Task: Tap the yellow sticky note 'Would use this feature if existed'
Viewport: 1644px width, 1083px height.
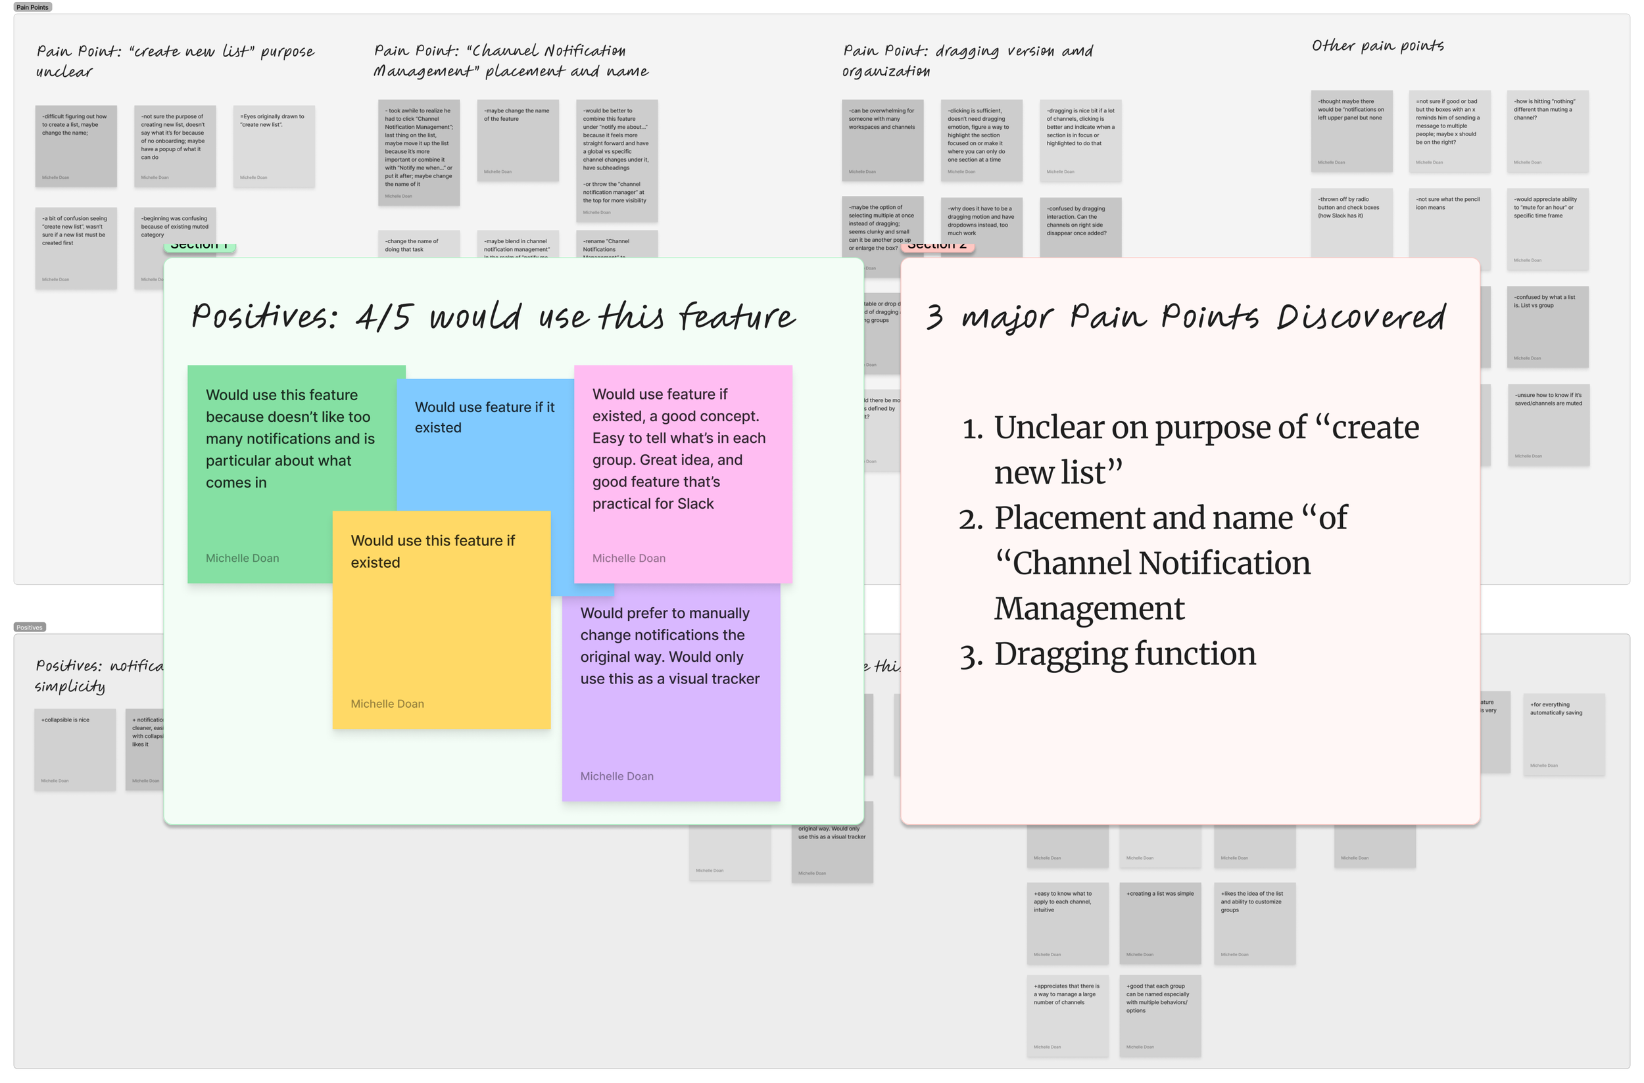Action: pos(441,622)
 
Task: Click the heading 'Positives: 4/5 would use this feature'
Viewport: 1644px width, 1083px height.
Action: pos(493,317)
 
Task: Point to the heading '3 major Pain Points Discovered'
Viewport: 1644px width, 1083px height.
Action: pos(1185,317)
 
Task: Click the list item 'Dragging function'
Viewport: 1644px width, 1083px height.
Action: pos(1124,654)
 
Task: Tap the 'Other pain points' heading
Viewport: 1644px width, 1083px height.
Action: pos(1377,46)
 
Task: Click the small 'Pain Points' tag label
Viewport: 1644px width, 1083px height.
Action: pos(32,7)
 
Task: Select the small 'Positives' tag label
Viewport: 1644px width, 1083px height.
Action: pos(29,627)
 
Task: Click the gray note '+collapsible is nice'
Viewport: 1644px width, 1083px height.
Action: pos(74,749)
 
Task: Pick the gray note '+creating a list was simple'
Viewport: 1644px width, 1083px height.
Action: pos(1159,922)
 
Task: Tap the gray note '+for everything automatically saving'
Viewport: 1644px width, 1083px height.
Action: pos(1563,734)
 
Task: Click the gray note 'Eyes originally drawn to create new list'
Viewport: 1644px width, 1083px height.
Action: pos(274,146)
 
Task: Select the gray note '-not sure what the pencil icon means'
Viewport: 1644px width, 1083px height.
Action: pos(1449,228)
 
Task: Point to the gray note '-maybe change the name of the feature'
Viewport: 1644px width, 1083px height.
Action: pos(517,140)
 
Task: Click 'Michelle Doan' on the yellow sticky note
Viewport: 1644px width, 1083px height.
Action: pos(387,704)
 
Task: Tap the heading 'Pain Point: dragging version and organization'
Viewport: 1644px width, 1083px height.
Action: pos(967,60)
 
